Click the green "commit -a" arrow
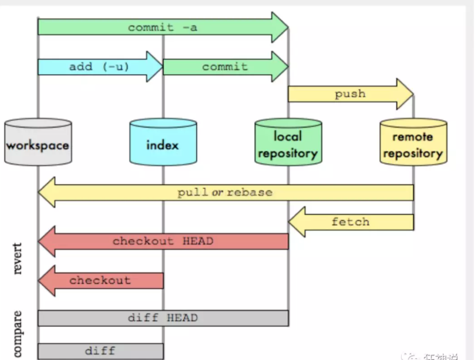(x=162, y=27)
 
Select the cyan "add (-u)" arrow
(x=99, y=67)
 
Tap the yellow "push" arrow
(x=350, y=94)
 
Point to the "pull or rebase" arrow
(x=225, y=192)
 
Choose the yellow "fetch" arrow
(x=350, y=222)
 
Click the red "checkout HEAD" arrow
(x=162, y=242)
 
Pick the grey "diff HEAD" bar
(x=162, y=318)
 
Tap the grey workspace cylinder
(x=37, y=143)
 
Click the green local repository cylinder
(x=288, y=143)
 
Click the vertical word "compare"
(x=17, y=334)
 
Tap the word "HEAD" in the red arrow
(x=197, y=242)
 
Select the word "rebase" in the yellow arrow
(x=250, y=192)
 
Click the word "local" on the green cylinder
(x=288, y=136)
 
